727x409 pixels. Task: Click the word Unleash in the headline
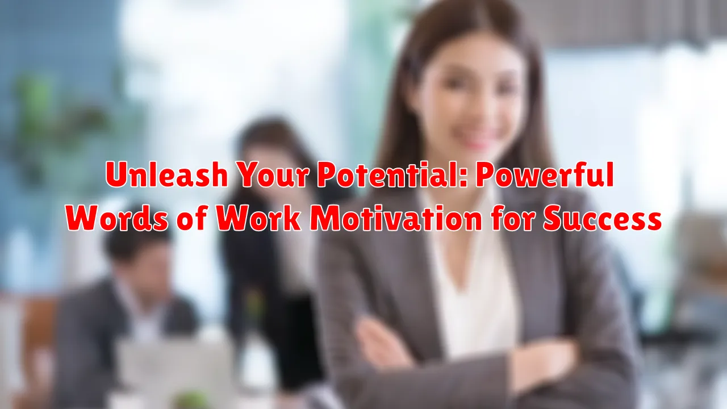click(166, 174)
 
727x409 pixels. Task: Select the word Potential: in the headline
click(392, 174)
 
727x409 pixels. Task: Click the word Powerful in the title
click(545, 174)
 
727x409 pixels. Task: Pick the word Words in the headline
click(117, 218)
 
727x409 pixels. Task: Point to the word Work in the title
click(258, 218)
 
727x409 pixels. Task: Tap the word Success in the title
click(603, 218)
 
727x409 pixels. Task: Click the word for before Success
click(513, 218)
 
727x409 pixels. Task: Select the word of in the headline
click(192, 218)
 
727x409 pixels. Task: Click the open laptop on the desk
click(176, 367)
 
